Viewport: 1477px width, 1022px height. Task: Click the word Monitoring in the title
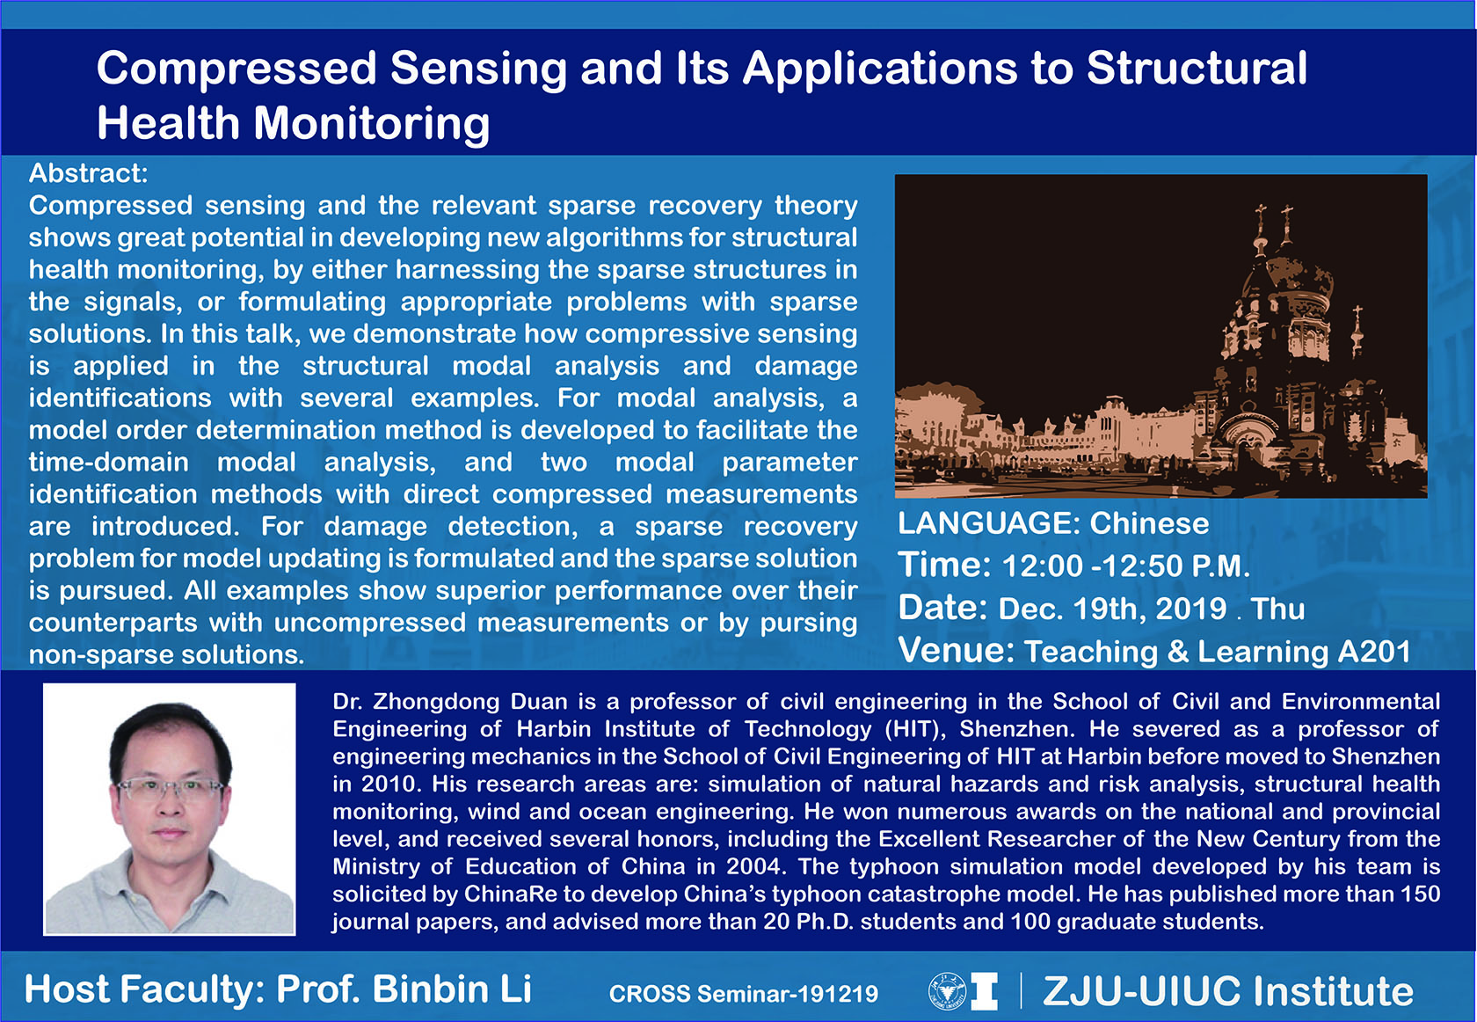[371, 124]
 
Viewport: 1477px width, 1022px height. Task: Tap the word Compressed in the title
[236, 69]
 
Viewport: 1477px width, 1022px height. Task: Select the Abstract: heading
[88, 173]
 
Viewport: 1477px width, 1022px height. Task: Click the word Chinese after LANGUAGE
[1149, 523]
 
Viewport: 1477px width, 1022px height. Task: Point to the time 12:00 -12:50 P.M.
[1125, 566]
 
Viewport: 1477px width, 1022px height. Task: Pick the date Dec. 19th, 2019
[1112, 609]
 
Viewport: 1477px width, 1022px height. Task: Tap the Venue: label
[957, 650]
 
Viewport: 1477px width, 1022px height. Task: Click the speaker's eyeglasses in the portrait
[170, 788]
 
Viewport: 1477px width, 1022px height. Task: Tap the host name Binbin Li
[452, 989]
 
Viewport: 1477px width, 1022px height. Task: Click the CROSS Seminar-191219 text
[744, 993]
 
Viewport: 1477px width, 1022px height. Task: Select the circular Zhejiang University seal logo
[948, 991]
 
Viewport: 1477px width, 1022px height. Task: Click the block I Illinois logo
[985, 991]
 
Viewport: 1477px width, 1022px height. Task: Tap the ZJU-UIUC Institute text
[1227, 991]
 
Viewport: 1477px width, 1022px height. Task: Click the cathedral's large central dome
[1276, 284]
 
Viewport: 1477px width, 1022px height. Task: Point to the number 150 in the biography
[1421, 894]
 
